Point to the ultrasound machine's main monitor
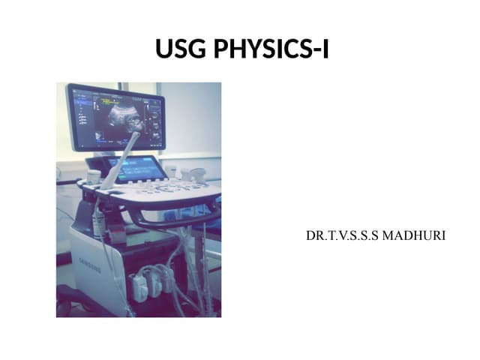point(115,116)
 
